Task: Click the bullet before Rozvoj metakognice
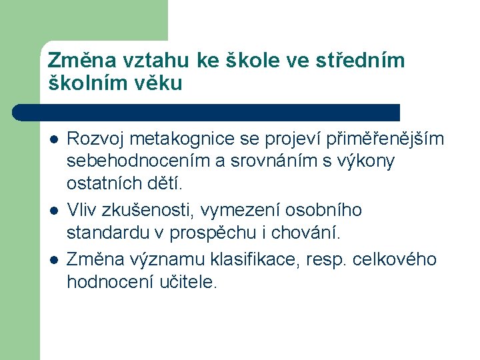(x=53, y=139)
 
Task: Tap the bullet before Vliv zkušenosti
(x=53, y=211)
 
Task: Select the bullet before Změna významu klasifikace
(x=53, y=259)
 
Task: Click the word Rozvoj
(x=96, y=139)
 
